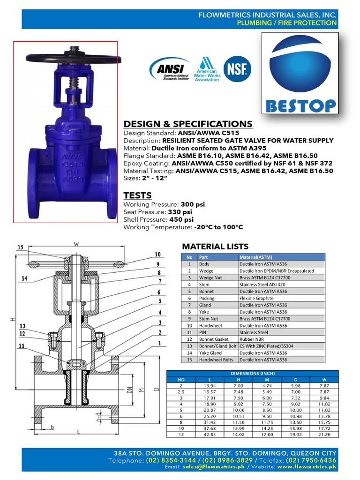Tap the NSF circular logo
pyautogui.click(x=237, y=69)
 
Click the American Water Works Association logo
pyautogui.click(x=206, y=70)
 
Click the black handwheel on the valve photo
pyautogui.click(x=66, y=59)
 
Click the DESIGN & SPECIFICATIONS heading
pyautogui.click(x=187, y=124)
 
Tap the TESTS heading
pyautogui.click(x=137, y=195)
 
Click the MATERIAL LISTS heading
pyautogui.click(x=215, y=247)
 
